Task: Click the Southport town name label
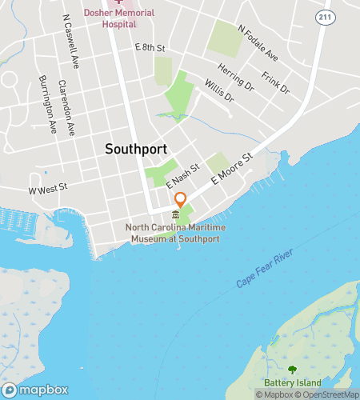tap(135, 149)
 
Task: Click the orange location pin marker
tap(181, 199)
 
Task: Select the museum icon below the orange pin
tap(176, 214)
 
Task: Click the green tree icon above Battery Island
tap(291, 370)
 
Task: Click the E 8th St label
tap(150, 49)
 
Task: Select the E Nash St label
tap(181, 176)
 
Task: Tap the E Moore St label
tap(232, 170)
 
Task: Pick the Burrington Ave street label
tap(49, 104)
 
